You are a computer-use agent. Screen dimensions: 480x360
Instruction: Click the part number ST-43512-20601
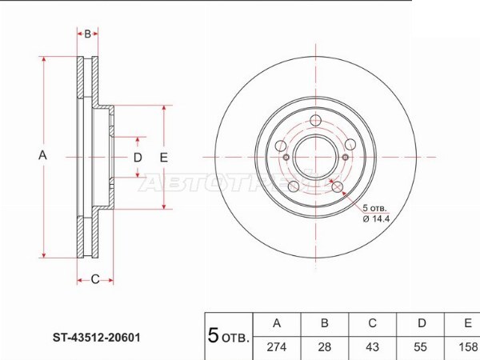click(97, 338)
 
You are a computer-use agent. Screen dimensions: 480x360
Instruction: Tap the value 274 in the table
click(277, 347)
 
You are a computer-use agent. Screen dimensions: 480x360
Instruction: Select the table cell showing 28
click(325, 347)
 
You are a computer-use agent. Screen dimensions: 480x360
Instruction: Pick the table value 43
click(372, 347)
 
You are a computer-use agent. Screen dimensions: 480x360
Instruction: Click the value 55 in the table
click(420, 347)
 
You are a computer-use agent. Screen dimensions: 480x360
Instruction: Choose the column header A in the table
click(277, 323)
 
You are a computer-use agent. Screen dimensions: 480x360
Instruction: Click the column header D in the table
click(422, 323)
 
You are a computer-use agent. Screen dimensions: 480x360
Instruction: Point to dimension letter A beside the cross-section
click(42, 155)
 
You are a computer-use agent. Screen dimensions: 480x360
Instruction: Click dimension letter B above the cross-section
click(87, 34)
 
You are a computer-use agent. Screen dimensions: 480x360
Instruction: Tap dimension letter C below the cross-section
click(95, 279)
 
